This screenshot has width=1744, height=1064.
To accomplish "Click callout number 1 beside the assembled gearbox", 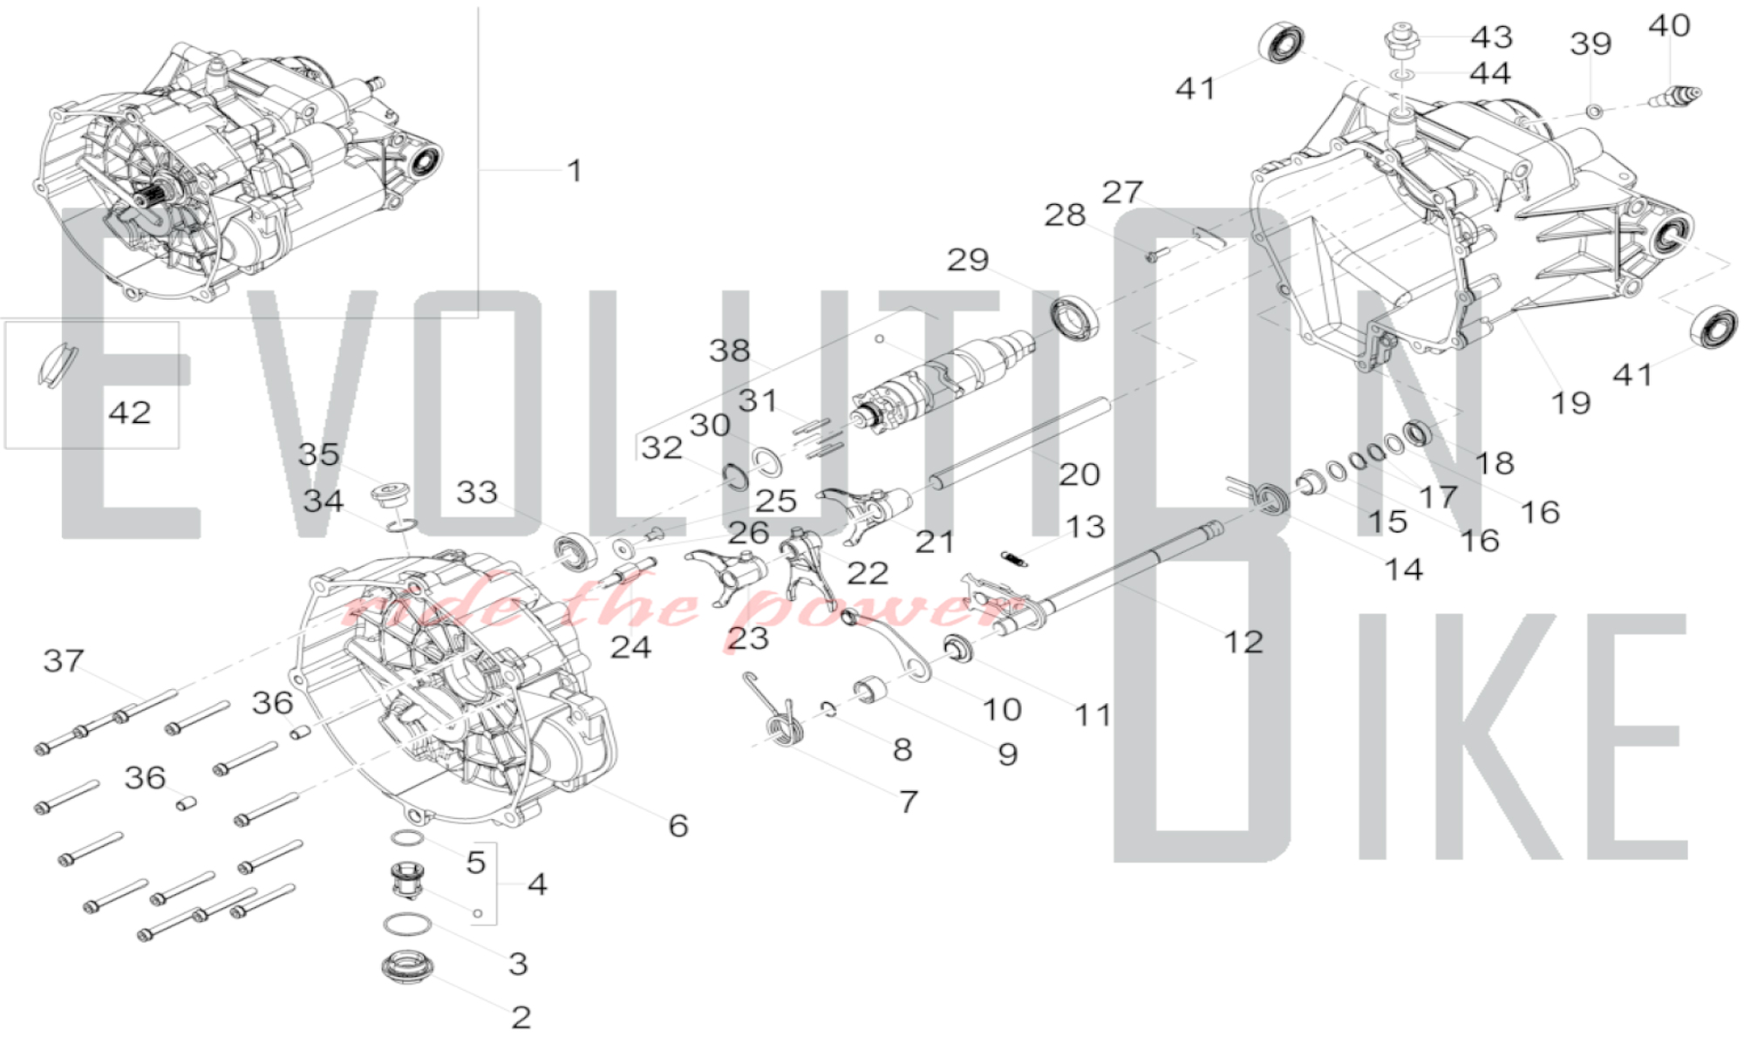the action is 574,170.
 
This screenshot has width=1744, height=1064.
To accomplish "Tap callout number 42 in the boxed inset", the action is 130,412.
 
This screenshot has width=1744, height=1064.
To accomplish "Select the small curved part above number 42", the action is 54,364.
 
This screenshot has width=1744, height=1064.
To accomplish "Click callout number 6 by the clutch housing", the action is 678,825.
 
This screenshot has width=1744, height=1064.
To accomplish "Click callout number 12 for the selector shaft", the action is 1243,642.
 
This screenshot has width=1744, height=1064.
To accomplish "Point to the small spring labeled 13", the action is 1013,558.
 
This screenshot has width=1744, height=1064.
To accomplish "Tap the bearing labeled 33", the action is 576,551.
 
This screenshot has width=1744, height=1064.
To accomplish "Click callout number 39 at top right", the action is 1591,44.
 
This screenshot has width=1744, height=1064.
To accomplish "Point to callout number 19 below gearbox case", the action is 1570,403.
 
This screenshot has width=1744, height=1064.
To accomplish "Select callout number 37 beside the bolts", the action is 64,661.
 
